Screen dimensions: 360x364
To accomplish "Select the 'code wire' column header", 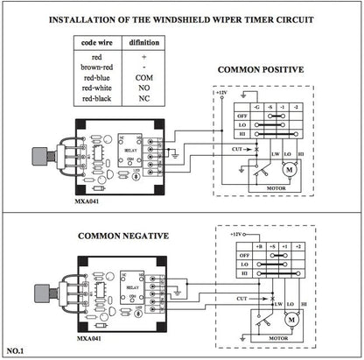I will click(94, 42).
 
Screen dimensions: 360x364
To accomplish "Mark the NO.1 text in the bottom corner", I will click(17, 351).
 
